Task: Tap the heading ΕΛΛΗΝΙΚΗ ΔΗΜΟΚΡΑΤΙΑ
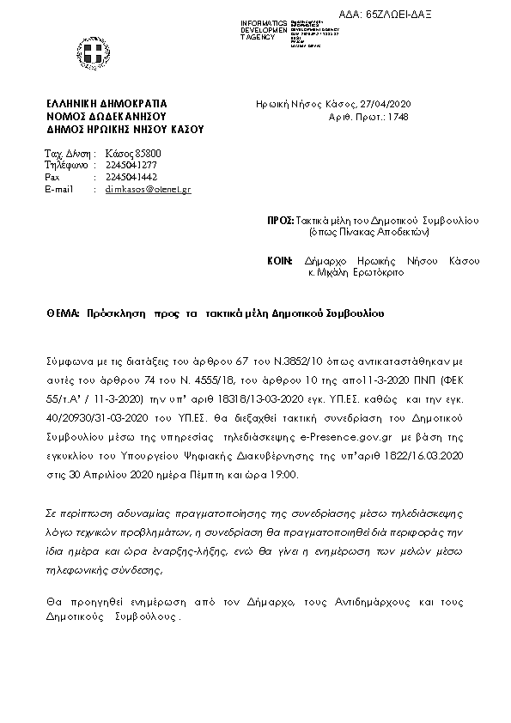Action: coord(107,104)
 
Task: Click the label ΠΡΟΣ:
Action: coord(280,221)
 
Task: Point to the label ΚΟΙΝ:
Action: coord(280,260)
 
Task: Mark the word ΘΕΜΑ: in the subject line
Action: coord(63,313)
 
